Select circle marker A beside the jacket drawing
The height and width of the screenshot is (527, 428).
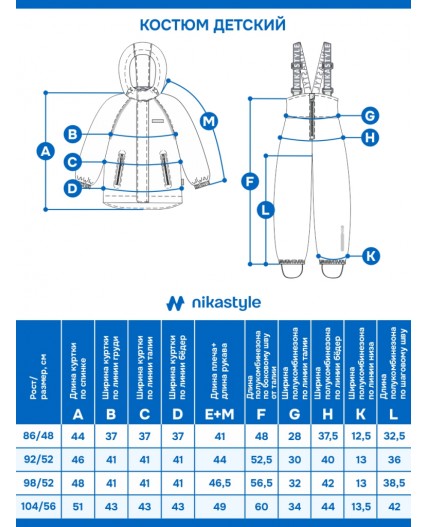[43, 151]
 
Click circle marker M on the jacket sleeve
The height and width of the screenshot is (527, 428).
[208, 121]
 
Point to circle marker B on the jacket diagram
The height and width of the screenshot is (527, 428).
[72, 133]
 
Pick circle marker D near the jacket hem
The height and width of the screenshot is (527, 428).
[72, 187]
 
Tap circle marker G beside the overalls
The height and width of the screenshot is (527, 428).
[369, 115]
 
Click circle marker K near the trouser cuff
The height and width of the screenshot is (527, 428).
[370, 256]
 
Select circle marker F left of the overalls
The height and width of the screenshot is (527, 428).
[250, 181]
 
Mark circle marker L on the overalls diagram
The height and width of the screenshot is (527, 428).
[264, 210]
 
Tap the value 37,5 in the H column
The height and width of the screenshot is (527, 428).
[327, 437]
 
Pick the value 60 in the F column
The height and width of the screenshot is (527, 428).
[261, 506]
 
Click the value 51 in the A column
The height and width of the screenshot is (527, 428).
[78, 506]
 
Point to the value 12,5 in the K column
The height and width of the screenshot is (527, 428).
[361, 437]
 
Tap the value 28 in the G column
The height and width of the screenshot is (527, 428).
[294, 437]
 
